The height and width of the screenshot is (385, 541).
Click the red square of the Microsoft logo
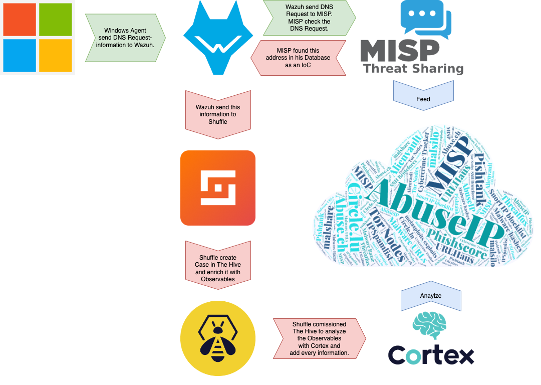coord(20,20)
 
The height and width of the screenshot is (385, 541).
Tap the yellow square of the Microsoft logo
coord(56,56)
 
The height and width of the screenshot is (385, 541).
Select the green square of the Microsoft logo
coord(56,20)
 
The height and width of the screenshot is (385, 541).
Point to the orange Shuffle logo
coord(218,188)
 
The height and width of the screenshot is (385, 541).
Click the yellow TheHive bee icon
coord(218,338)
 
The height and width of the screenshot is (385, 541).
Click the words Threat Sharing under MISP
coord(413,68)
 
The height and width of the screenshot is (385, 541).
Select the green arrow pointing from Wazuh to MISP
coord(309,18)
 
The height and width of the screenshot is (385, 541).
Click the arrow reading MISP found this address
coord(298,58)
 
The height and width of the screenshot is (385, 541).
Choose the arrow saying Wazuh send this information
coord(218,114)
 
